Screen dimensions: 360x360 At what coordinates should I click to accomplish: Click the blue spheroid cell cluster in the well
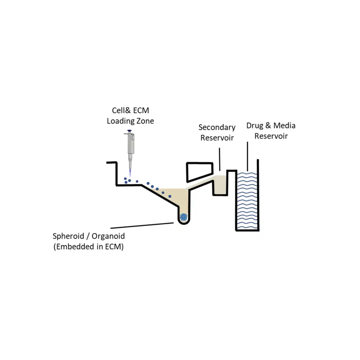tap(184, 217)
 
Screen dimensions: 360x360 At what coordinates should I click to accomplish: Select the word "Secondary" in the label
tap(217, 127)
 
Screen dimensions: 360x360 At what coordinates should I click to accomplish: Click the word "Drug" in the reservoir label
tap(255, 125)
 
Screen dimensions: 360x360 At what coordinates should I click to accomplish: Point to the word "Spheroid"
tap(68, 236)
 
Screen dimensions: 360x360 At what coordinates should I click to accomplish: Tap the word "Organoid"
tap(108, 236)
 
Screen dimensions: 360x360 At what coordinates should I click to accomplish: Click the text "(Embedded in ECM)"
tap(89, 247)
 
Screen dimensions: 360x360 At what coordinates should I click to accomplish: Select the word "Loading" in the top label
tap(120, 121)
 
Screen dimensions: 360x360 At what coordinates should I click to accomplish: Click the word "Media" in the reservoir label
tap(284, 125)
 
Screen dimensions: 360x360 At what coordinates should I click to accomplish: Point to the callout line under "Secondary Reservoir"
tap(220, 159)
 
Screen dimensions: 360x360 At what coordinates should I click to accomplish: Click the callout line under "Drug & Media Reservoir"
tap(248, 156)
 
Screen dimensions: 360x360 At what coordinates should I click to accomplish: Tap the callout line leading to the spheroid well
tap(142, 225)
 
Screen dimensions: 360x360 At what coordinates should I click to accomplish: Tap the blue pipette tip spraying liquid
tap(130, 174)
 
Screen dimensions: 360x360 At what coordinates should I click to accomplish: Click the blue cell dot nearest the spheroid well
tap(170, 196)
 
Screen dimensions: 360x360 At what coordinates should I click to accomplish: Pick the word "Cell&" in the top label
tap(121, 111)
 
